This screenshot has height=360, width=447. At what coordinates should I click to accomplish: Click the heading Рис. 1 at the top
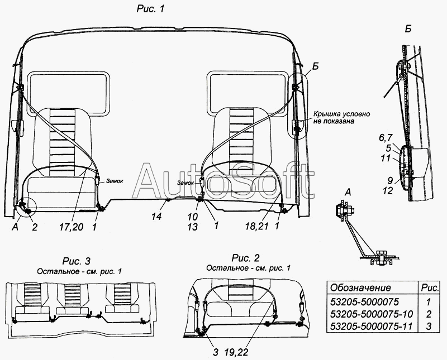(x=150, y=9)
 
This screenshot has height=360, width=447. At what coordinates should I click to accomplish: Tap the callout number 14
(x=156, y=217)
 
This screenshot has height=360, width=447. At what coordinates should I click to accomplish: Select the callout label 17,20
(x=72, y=227)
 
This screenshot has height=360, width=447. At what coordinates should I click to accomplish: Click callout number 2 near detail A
(x=35, y=227)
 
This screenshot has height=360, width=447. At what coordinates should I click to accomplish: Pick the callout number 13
(x=193, y=227)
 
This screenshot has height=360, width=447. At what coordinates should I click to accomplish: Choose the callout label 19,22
(x=236, y=352)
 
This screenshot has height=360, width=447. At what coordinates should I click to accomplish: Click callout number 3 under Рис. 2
(x=215, y=352)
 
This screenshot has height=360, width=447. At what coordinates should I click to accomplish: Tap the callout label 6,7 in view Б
(x=386, y=138)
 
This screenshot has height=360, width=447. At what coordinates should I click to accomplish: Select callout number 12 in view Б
(x=388, y=190)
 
